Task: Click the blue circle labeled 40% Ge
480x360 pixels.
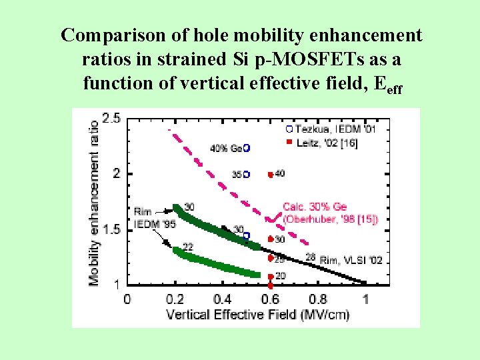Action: pos(247,147)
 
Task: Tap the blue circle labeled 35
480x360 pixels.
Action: pos(246,174)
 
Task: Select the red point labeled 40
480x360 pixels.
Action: pos(270,175)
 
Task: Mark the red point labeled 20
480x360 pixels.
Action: pos(270,277)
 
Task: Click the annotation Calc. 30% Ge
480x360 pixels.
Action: pos(315,207)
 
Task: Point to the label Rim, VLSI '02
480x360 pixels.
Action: pos(351,259)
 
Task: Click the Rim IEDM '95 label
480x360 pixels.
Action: pos(154,218)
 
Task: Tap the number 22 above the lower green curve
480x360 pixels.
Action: pos(188,247)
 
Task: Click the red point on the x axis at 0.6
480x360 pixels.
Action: pos(270,285)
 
